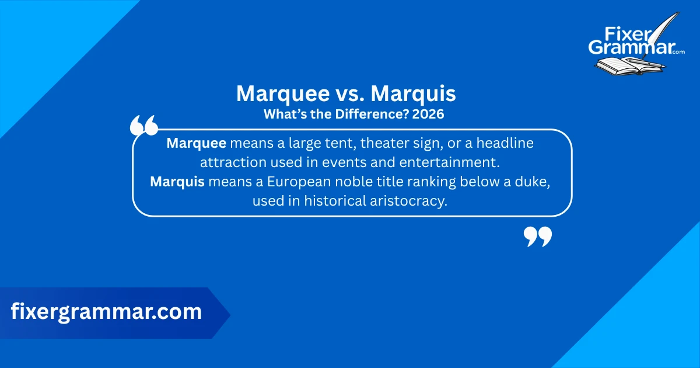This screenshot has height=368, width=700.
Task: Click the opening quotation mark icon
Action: coord(143,126)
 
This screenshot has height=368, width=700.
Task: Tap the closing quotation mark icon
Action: coord(537,237)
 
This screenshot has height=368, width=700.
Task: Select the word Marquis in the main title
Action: coord(414,94)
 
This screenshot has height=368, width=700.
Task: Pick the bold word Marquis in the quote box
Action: coord(177,182)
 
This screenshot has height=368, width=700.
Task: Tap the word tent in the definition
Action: coord(338,143)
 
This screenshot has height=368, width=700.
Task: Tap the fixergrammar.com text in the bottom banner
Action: coord(106,312)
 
